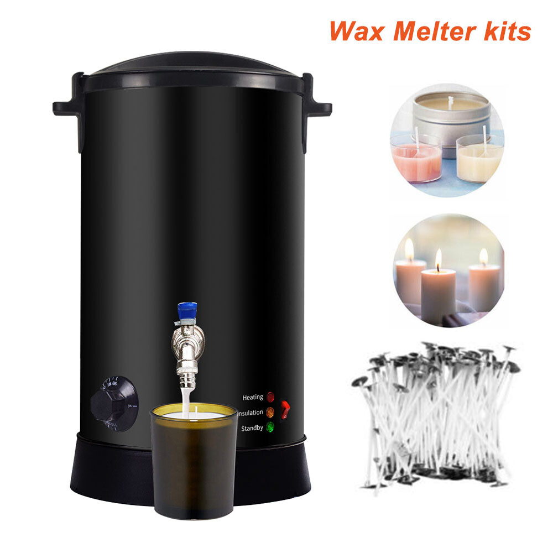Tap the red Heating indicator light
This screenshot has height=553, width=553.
(x=270, y=397)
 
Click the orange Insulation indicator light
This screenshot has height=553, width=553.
(x=270, y=412)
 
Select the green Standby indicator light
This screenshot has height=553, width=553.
(x=270, y=427)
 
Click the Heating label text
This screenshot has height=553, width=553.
(x=252, y=397)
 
